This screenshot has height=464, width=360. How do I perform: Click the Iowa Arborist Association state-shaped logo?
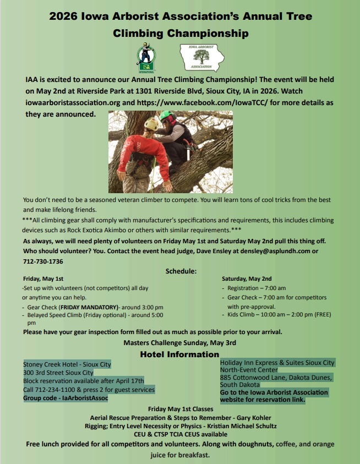[x=201, y=58]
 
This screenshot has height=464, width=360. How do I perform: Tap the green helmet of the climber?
[x=166, y=116]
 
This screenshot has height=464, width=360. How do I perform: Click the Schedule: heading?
[x=181, y=271]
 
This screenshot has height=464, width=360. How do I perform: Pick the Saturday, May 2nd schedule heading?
[x=247, y=279]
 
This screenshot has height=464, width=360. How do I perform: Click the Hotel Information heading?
[x=179, y=354]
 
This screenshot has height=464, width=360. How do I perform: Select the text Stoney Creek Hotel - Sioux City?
[x=67, y=364]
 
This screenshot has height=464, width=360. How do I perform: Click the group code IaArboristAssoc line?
[x=65, y=398]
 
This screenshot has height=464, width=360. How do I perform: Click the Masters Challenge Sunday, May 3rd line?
[x=180, y=342]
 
